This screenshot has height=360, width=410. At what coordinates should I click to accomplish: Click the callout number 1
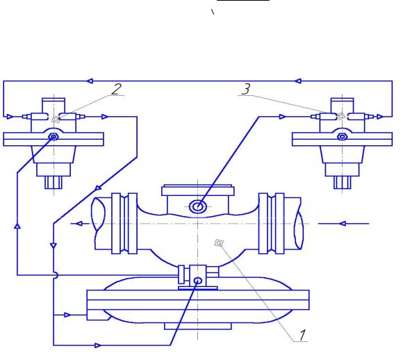[302, 335]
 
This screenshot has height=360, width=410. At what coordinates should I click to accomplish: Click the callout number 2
[116, 89]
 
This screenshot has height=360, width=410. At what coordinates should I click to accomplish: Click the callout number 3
[246, 89]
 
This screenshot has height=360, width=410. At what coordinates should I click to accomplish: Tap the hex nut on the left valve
[54, 137]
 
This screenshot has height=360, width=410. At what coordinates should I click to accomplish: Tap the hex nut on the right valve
[342, 136]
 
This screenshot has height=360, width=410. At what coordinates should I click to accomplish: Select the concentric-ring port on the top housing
[198, 206]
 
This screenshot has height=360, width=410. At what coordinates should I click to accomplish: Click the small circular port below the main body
[198, 281]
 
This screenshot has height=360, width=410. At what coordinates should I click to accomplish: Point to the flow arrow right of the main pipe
[343, 224]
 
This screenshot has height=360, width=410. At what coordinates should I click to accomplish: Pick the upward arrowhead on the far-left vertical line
[17, 226]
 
